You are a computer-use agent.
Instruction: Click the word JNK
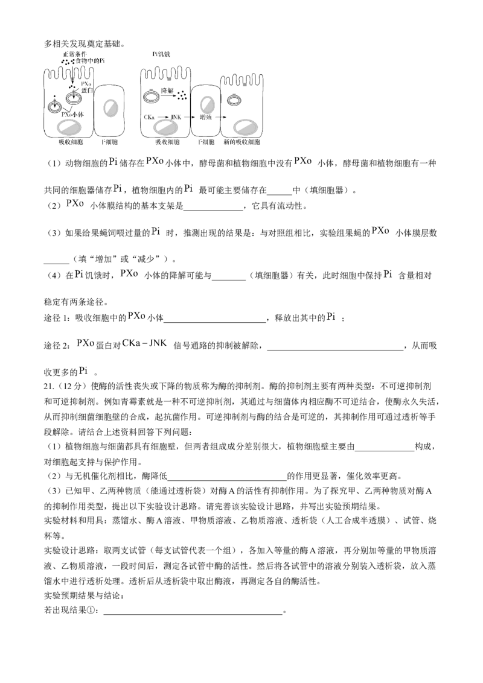click(x=159, y=343)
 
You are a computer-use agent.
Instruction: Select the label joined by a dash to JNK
click(x=130, y=343)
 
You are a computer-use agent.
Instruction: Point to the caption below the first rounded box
click(x=109, y=141)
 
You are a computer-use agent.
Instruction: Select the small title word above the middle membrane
click(x=162, y=54)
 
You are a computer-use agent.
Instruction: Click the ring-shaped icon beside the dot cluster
click(x=152, y=95)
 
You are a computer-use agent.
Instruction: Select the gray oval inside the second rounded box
click(x=207, y=106)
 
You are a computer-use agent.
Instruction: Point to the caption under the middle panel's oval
click(x=167, y=141)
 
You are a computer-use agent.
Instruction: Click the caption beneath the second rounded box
click(x=207, y=141)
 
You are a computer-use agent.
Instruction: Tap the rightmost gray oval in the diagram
click(x=246, y=127)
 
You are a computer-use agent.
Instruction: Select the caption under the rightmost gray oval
click(x=242, y=141)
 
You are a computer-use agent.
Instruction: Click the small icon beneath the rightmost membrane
click(x=234, y=100)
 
